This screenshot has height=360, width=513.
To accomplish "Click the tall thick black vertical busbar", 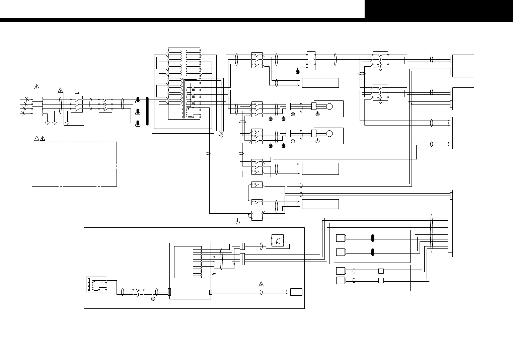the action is click(147, 112).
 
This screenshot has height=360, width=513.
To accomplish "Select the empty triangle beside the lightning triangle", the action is click(36, 139).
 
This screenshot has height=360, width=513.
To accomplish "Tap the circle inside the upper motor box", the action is click(329, 106).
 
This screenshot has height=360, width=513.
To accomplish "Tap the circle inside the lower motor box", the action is click(329, 134).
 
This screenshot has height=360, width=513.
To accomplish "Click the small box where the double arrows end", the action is click(296, 292).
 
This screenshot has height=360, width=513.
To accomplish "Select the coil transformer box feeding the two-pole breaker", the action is click(96, 284).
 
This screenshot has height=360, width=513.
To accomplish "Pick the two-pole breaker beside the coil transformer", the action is click(138, 292).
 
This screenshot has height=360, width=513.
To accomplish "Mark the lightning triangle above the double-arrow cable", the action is click(261, 284).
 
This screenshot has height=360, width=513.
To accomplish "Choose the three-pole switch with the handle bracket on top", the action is click(77, 104).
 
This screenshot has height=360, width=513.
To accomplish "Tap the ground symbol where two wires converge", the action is click(221, 135).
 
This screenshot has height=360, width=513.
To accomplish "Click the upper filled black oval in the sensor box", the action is click(372, 238).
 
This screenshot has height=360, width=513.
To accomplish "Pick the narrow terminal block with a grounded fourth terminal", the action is click(311, 61).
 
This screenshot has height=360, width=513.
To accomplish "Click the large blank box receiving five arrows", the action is click(470, 133).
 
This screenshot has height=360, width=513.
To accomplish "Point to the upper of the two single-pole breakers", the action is click(257, 185).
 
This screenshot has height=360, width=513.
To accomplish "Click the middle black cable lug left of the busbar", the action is click(138, 111).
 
